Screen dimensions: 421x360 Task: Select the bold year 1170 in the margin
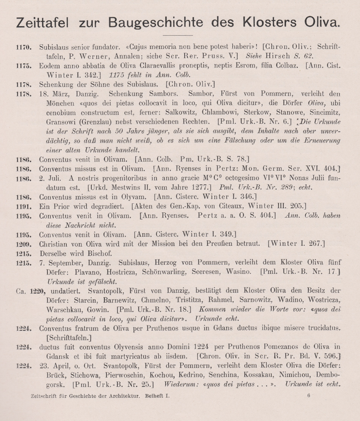click(23, 48)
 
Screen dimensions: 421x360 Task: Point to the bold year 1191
click(23, 206)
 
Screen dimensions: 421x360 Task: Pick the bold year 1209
click(23, 243)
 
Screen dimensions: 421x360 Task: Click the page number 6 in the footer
click(309, 396)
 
